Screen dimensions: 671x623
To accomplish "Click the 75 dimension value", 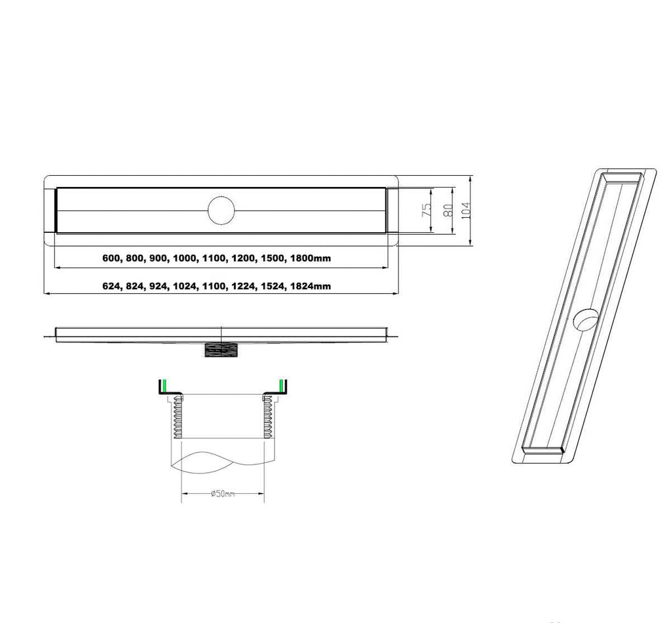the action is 427,210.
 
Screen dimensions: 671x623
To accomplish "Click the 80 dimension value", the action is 448,210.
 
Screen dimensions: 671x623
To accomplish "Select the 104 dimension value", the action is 466,211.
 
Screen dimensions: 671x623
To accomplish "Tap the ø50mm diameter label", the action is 223,494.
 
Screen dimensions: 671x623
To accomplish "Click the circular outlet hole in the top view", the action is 221,211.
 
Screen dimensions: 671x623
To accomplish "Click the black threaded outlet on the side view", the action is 221,350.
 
